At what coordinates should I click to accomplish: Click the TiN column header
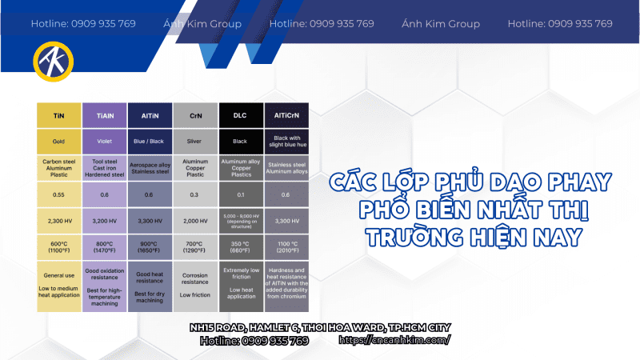(x=58, y=116)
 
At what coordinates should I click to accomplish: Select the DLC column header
(x=240, y=116)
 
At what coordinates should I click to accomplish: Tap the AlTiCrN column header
(x=286, y=116)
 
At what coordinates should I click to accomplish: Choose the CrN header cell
(x=194, y=116)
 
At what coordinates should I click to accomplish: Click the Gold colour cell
(x=58, y=142)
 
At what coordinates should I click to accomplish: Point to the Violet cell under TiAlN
(x=104, y=142)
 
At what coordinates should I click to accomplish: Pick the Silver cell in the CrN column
(x=194, y=142)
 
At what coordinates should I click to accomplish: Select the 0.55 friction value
(x=58, y=194)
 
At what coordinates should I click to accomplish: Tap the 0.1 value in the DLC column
(x=240, y=194)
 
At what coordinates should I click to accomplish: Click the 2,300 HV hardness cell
(x=58, y=220)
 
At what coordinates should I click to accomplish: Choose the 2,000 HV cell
(x=194, y=220)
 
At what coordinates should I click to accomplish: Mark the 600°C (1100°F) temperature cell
(x=58, y=248)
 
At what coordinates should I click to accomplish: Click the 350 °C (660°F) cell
(x=240, y=248)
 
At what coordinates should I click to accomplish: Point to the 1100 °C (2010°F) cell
(x=286, y=248)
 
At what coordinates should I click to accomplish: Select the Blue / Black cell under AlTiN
(x=150, y=142)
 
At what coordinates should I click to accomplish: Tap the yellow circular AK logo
(x=53, y=61)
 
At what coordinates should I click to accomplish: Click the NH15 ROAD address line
(x=320, y=327)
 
